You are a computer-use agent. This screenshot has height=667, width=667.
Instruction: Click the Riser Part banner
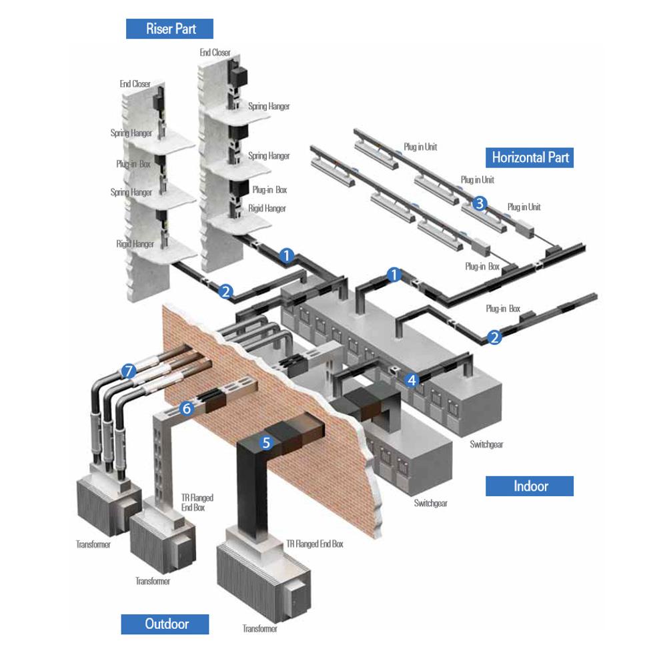coord(170,29)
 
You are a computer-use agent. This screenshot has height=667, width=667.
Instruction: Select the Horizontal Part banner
coord(530,157)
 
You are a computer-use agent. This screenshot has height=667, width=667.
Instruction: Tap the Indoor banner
coord(530,486)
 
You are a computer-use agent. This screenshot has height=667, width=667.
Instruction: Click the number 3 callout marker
coord(479,204)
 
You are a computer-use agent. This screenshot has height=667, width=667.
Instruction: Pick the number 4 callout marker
coord(412,380)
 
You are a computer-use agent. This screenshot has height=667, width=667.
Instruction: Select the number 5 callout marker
coord(267,442)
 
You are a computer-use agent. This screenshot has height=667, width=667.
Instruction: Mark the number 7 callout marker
coord(129,370)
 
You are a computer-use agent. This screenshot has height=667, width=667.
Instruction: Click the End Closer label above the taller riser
coord(215,52)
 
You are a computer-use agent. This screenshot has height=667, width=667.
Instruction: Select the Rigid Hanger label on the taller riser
coord(267,208)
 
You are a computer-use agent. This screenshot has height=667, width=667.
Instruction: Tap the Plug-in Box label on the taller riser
coord(269,189)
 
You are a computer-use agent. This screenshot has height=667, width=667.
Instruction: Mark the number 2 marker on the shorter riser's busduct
coord(226,291)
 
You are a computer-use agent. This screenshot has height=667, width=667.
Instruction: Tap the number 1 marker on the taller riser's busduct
coord(287,255)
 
